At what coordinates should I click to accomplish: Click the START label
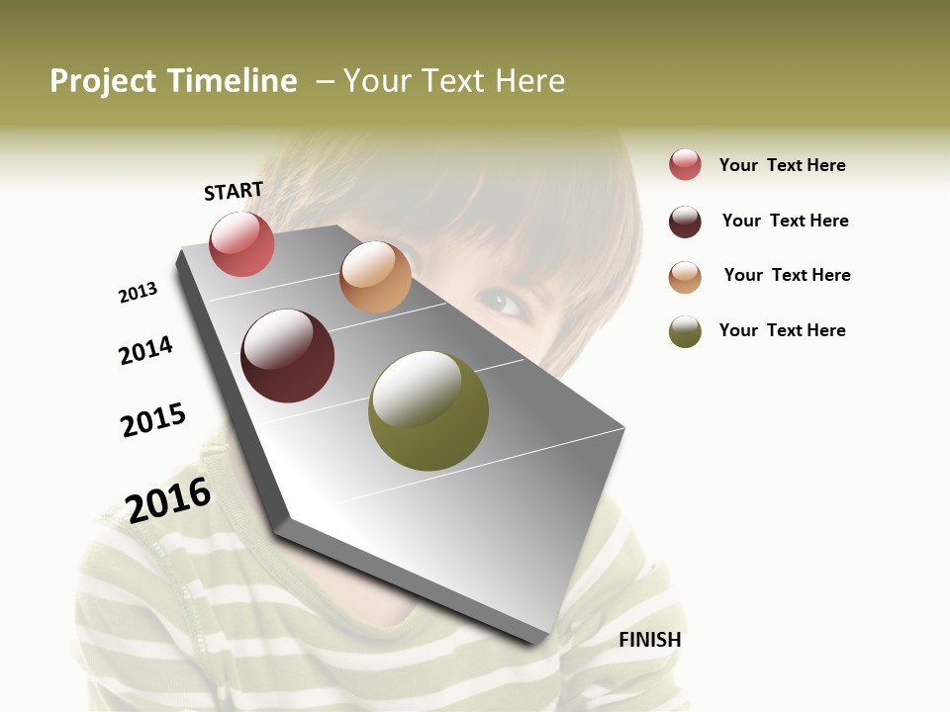click(234, 191)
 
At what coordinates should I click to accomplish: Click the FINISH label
click(649, 640)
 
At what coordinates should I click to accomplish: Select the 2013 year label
click(138, 293)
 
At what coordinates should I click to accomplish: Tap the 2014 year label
click(145, 350)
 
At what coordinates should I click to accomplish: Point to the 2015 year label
click(153, 420)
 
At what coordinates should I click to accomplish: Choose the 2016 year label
click(168, 499)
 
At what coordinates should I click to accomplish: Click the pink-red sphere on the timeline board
click(241, 243)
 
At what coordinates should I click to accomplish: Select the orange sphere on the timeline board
click(375, 277)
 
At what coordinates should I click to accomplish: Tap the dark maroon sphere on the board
click(288, 356)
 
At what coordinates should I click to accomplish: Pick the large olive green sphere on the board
click(428, 410)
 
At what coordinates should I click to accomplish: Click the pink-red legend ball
click(685, 165)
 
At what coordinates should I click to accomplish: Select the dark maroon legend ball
click(685, 222)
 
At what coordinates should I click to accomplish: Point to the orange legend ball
click(685, 277)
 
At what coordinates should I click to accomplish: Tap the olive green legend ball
click(685, 331)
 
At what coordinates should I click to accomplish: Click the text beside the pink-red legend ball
click(782, 165)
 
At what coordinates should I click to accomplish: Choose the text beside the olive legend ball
click(782, 330)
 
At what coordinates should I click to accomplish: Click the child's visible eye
click(501, 301)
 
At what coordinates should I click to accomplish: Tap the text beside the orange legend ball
click(787, 275)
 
